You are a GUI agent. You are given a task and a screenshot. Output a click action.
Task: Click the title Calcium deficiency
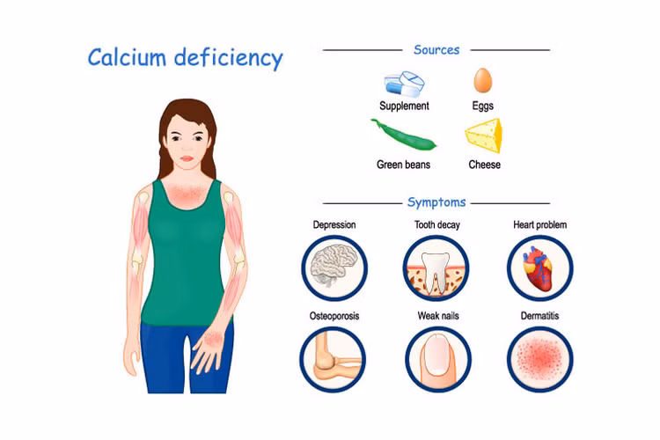[x=185, y=58]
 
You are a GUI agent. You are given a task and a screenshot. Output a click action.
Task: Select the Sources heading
[x=436, y=49]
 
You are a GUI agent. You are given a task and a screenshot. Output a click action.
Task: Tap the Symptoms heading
[x=436, y=202]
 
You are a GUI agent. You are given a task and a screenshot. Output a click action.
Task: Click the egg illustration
[x=483, y=80]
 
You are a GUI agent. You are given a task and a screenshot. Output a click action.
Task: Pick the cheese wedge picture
[x=484, y=136]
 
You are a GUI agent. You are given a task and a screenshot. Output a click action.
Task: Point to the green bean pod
[x=403, y=135]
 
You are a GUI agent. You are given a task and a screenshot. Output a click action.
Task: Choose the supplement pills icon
[x=404, y=84]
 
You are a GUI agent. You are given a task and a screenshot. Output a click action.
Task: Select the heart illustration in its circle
[x=539, y=268]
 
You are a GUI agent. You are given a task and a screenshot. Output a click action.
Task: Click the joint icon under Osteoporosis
[x=333, y=360]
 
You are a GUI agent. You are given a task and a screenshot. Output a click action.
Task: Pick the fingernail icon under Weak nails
[x=437, y=359]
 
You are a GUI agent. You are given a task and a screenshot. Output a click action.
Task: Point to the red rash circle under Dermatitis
[x=539, y=359]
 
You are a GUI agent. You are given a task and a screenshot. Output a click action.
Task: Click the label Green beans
[x=403, y=165]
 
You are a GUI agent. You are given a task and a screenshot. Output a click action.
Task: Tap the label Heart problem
[x=539, y=225]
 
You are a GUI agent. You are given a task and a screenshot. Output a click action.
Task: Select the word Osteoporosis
[x=334, y=316]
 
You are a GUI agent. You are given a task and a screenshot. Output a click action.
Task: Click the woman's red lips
[x=187, y=158]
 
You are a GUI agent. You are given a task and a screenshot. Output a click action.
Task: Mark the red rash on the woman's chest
[x=187, y=193]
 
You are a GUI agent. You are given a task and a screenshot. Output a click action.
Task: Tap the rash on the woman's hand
[x=214, y=337]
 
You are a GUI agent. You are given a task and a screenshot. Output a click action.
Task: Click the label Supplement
[x=404, y=106]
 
